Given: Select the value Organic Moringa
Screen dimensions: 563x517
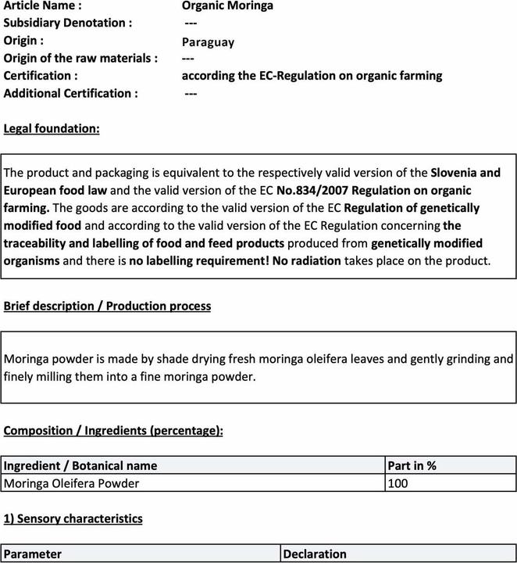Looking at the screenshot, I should [x=222, y=6].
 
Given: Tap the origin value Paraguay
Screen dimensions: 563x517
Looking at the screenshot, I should [x=208, y=41].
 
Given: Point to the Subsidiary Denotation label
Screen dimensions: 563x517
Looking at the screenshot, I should [x=68, y=23].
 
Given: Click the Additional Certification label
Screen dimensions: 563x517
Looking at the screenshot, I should [x=71, y=94].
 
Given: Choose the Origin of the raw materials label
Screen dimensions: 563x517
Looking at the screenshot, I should [x=80, y=59].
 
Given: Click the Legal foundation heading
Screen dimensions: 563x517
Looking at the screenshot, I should [x=52, y=128].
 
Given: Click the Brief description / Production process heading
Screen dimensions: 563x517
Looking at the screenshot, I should [x=107, y=307].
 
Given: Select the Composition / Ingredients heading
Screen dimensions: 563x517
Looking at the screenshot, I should [x=113, y=431].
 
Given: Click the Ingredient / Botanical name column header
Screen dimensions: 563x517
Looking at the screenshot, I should [x=80, y=466].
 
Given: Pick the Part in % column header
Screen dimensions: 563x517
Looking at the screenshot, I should [x=412, y=466].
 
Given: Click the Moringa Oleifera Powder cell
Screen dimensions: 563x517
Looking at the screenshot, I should [x=72, y=483].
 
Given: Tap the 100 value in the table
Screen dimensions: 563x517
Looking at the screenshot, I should [x=398, y=483].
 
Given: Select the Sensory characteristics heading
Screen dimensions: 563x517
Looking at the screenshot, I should [x=73, y=518].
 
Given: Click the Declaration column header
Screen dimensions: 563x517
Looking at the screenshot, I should [x=315, y=554].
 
